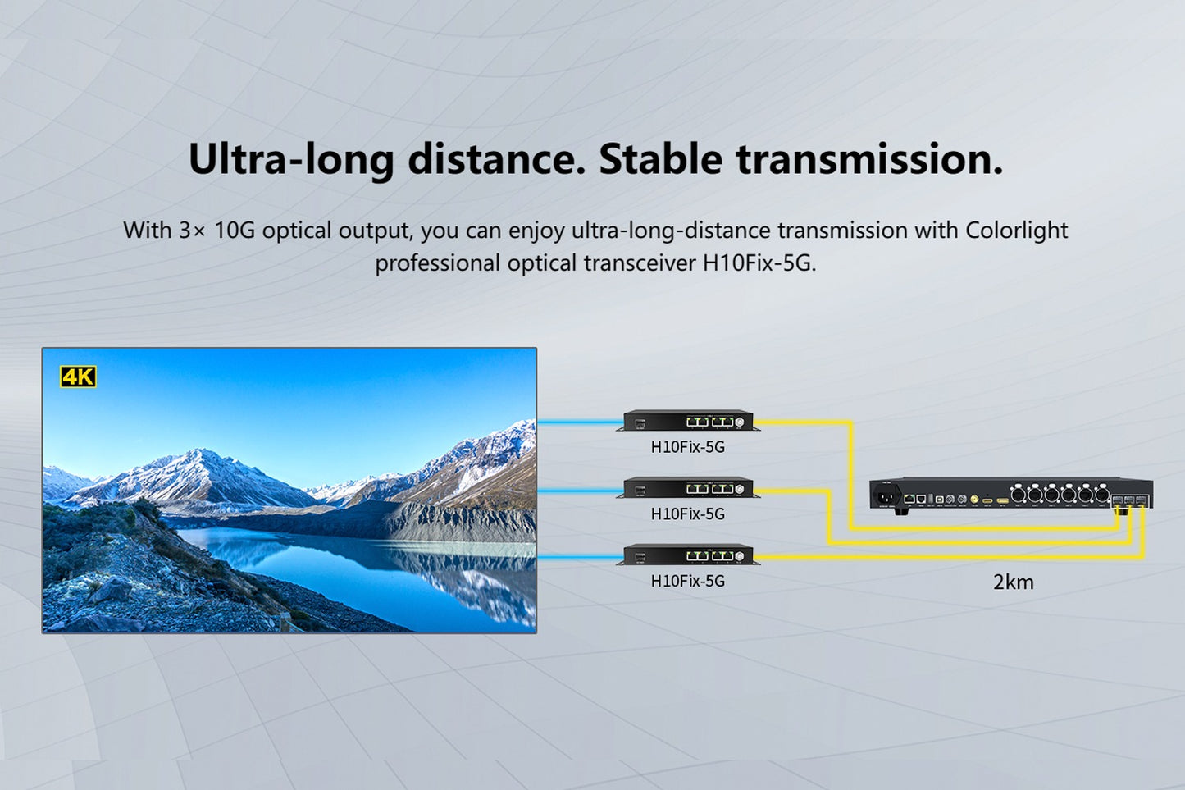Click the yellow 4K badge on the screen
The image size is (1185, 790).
(78, 377)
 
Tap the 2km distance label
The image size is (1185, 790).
(1013, 582)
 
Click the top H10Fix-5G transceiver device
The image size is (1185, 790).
(688, 421)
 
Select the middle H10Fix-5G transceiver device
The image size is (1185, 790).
(688, 488)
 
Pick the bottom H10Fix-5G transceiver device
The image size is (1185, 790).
(688, 555)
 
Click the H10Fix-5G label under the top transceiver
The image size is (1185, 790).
(687, 447)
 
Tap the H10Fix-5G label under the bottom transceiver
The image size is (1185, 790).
(687, 581)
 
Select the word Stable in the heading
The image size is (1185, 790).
(660, 159)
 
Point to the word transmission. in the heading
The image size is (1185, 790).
(869, 159)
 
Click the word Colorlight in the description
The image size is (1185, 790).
(1016, 231)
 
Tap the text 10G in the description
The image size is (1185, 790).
(235, 231)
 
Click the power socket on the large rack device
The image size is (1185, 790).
(886, 495)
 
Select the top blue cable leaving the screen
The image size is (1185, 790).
(579, 422)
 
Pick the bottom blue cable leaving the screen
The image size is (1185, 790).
(579, 557)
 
